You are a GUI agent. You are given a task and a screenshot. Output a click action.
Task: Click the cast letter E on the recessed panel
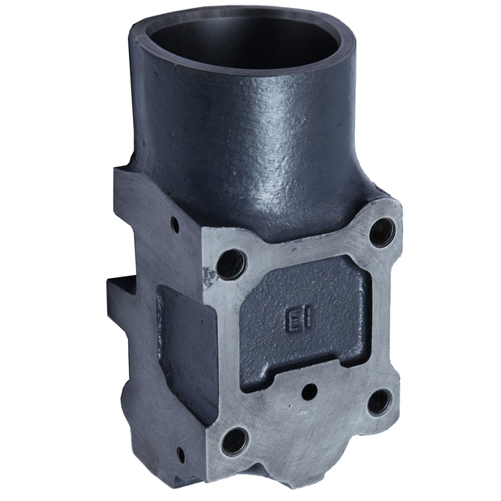[x=292, y=320]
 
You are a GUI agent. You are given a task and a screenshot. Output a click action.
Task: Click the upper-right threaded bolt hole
[x=381, y=230]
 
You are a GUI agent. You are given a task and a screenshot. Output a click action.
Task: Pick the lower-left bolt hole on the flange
[x=234, y=441]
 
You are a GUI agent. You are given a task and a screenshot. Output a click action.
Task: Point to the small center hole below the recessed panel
[x=308, y=391]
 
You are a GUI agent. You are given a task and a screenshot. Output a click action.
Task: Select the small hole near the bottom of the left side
[x=180, y=453]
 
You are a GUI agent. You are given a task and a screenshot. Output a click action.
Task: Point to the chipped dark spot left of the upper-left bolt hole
[x=207, y=273]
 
